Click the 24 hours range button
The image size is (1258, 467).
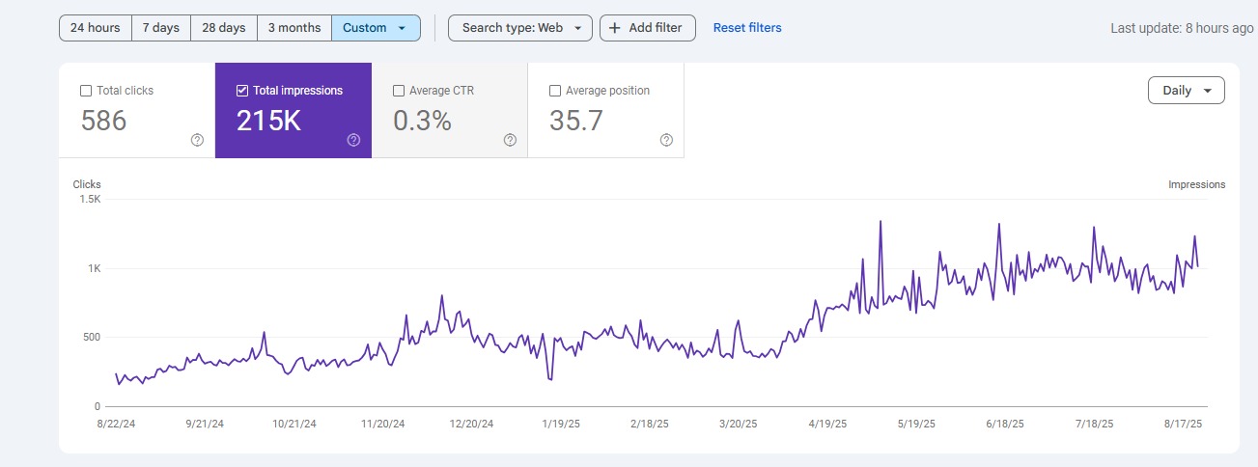pos(95,28)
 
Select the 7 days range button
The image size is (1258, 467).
pos(160,28)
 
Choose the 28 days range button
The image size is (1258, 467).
pos(223,28)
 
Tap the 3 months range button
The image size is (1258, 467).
pos(294,28)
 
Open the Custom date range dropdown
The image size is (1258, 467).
pos(376,28)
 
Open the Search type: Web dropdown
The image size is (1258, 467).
pos(520,28)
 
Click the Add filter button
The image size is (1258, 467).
pos(647,28)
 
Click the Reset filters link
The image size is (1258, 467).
pos(747,28)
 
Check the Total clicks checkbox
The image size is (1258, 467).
pos(86,91)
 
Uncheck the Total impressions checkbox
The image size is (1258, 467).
pos(242,91)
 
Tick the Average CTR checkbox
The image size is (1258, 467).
pos(399,91)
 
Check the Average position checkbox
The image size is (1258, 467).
pos(555,91)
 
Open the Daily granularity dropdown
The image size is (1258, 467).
pos(1186,91)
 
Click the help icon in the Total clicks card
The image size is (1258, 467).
pos(197,140)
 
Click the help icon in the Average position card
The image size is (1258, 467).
pos(666,140)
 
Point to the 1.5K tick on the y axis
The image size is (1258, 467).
pos(90,199)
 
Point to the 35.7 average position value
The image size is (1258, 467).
pos(575,121)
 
